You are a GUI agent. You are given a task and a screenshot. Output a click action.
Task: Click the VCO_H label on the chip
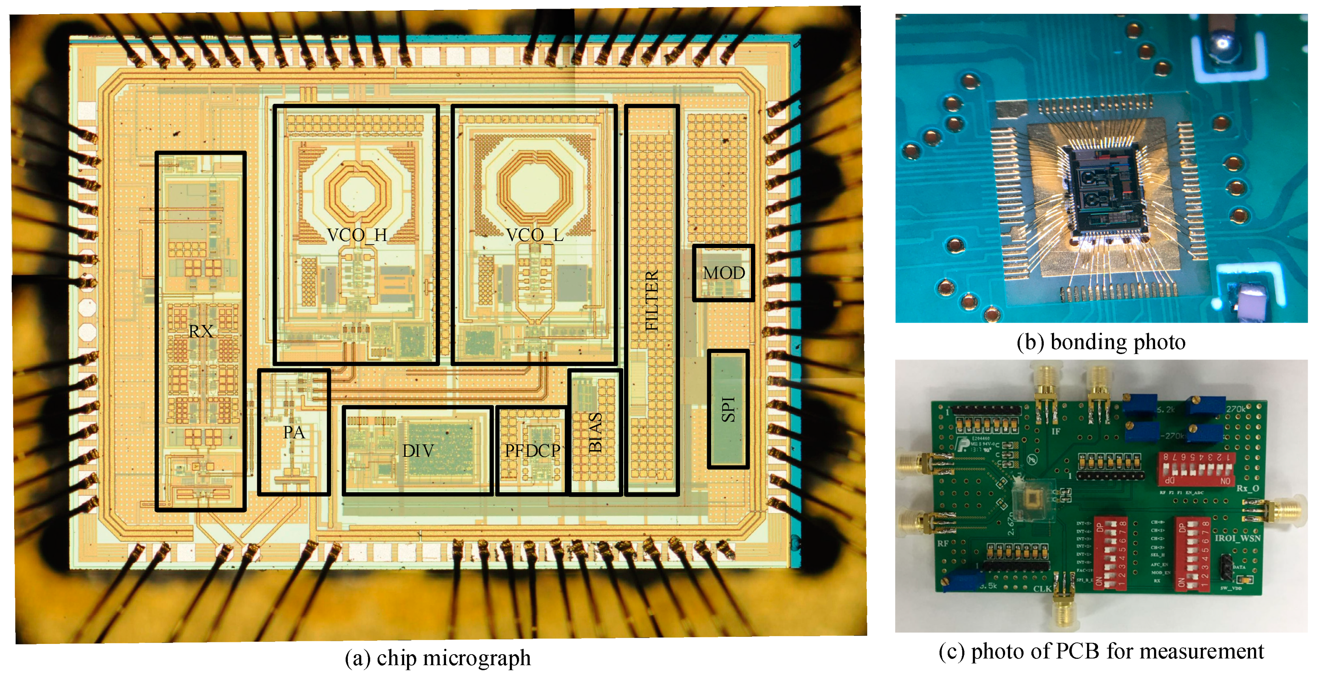click(x=357, y=235)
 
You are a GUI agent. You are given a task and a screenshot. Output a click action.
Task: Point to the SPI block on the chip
click(x=728, y=409)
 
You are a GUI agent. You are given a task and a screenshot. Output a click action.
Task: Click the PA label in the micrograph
click(x=294, y=432)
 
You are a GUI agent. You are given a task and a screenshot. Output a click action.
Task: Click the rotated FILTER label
click(x=651, y=301)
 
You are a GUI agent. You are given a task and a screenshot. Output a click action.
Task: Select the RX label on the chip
click(x=201, y=331)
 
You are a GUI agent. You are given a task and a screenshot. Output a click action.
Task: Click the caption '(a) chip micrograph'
click(x=437, y=658)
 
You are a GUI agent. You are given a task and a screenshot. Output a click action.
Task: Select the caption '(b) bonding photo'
click(x=1101, y=342)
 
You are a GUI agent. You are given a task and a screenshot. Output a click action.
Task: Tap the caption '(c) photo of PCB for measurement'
click(x=1101, y=651)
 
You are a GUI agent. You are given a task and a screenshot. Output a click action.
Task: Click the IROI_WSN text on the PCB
click(x=1237, y=538)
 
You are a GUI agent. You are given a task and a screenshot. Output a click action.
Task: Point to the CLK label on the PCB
click(x=1042, y=588)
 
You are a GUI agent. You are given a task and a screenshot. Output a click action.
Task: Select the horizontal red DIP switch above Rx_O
click(x=1195, y=468)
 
